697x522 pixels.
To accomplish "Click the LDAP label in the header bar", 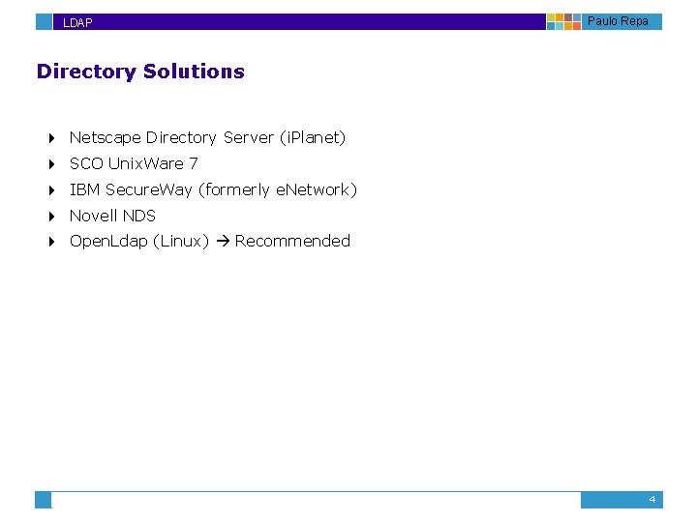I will pos(77,22).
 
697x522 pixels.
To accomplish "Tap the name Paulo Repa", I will pos(618,21).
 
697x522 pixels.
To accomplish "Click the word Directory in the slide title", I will pos(86,72).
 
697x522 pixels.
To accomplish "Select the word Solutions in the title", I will pos(194,72).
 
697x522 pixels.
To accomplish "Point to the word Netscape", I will pos(106,138).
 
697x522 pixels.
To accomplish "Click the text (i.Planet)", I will pos(312,138).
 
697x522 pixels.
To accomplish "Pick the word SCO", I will pos(86,164).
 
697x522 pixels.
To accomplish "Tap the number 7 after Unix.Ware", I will pos(194,164).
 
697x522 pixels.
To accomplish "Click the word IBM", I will pos(85,190).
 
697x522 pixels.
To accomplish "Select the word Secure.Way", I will pos(149,190).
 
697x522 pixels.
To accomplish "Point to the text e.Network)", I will pos(317,190).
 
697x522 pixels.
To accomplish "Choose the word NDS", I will pos(139,216).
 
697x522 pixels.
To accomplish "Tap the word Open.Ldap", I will pos(108,242).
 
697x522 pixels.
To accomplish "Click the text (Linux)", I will pos(181,242).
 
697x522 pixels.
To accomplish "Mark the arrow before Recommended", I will pos(222,242).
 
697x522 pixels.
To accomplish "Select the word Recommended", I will pos(292,242).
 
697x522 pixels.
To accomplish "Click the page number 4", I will pos(652,500).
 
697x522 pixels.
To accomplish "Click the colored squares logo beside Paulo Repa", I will pos(564,21).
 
